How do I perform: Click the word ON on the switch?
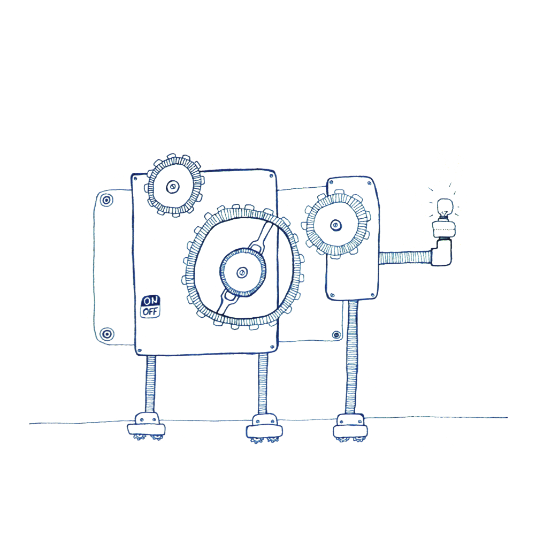click(151, 301)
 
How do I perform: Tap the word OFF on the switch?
click(150, 312)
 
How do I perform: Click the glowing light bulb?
click(445, 208)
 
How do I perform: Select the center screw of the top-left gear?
click(173, 187)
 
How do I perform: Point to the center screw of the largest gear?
click(242, 272)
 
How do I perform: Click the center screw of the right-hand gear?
click(336, 225)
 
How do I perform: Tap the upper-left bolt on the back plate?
click(106, 200)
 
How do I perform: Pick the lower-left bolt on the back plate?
click(106, 334)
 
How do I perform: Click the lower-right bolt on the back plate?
click(336, 335)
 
